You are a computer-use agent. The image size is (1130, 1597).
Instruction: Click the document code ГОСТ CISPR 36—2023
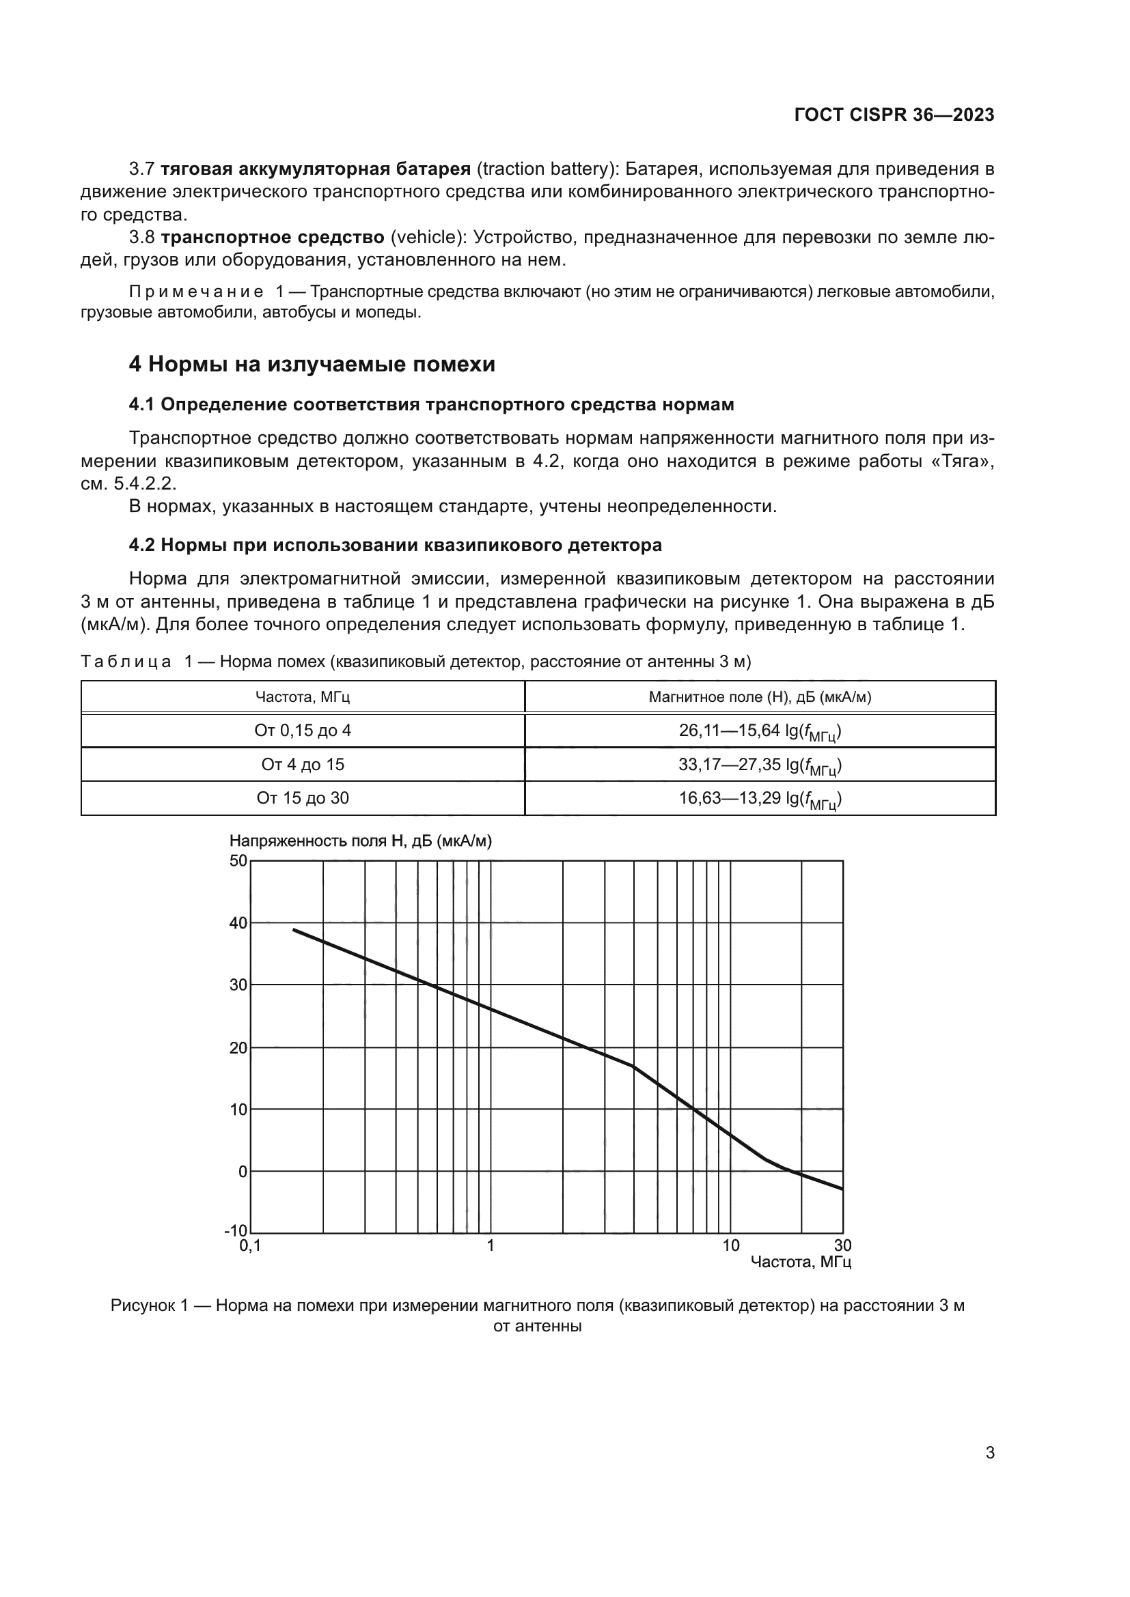894,115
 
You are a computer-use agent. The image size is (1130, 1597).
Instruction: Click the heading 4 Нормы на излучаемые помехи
312,364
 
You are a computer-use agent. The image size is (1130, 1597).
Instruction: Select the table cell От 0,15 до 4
303,731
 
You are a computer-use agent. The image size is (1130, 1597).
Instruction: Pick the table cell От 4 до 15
303,765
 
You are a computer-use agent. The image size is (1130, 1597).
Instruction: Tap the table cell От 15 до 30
303,797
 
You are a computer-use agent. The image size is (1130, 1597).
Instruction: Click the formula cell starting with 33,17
760,765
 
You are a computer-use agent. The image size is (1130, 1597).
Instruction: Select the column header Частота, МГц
303,696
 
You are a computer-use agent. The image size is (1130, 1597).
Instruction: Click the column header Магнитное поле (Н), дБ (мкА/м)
760,696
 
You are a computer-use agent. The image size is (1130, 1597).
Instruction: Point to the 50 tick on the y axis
238,860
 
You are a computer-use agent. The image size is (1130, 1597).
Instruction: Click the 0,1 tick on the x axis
250,1246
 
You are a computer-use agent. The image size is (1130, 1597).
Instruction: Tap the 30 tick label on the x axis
842,1246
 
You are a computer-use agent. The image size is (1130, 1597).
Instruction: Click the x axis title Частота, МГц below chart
801,1262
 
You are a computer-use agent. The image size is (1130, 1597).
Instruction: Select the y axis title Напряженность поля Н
361,841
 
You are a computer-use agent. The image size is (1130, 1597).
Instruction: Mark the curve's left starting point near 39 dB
294,929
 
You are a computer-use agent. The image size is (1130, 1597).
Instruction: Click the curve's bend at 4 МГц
634,1066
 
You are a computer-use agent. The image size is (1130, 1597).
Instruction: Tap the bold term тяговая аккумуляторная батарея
316,169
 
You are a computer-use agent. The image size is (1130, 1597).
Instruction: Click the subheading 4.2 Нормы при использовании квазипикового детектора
395,545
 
